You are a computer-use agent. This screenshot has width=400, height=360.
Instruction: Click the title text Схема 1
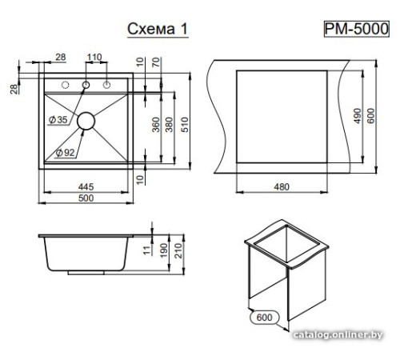point(158,29)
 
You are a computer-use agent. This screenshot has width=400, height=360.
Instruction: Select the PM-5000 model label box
point(357,29)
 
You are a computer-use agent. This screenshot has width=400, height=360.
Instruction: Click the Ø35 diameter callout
point(58,120)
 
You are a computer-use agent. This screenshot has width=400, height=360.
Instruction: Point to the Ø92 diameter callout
point(65,153)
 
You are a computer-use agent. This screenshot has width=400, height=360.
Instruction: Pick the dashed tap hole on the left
point(65,85)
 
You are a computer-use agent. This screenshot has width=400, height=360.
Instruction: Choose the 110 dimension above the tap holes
point(94,57)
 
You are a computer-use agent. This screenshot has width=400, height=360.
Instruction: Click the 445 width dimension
point(86,187)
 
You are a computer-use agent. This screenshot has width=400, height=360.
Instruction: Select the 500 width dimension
point(86,198)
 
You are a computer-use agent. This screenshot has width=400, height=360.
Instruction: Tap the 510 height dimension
point(185,125)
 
